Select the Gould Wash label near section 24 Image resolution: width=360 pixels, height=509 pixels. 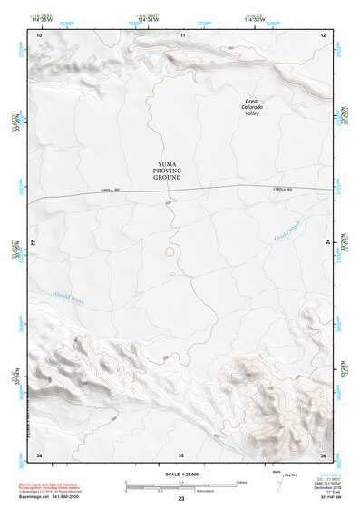pyautogui.click(x=287, y=230)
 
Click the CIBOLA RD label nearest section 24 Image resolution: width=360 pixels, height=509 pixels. pyautogui.click(x=284, y=189)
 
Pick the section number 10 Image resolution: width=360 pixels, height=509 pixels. pyautogui.click(x=39, y=34)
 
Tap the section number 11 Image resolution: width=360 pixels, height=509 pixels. pyautogui.click(x=182, y=34)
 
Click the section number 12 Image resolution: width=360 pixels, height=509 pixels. pyautogui.click(x=324, y=34)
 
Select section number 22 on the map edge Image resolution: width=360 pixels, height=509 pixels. pyautogui.click(x=34, y=244)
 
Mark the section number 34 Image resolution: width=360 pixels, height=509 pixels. pyautogui.click(x=39, y=454)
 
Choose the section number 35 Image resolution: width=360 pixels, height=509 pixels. pyautogui.click(x=181, y=454)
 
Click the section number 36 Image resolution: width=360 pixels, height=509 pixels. pyautogui.click(x=324, y=454)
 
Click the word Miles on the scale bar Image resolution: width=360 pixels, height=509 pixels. pyautogui.click(x=241, y=482)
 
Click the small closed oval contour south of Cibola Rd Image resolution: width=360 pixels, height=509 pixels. pyautogui.click(x=169, y=251)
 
